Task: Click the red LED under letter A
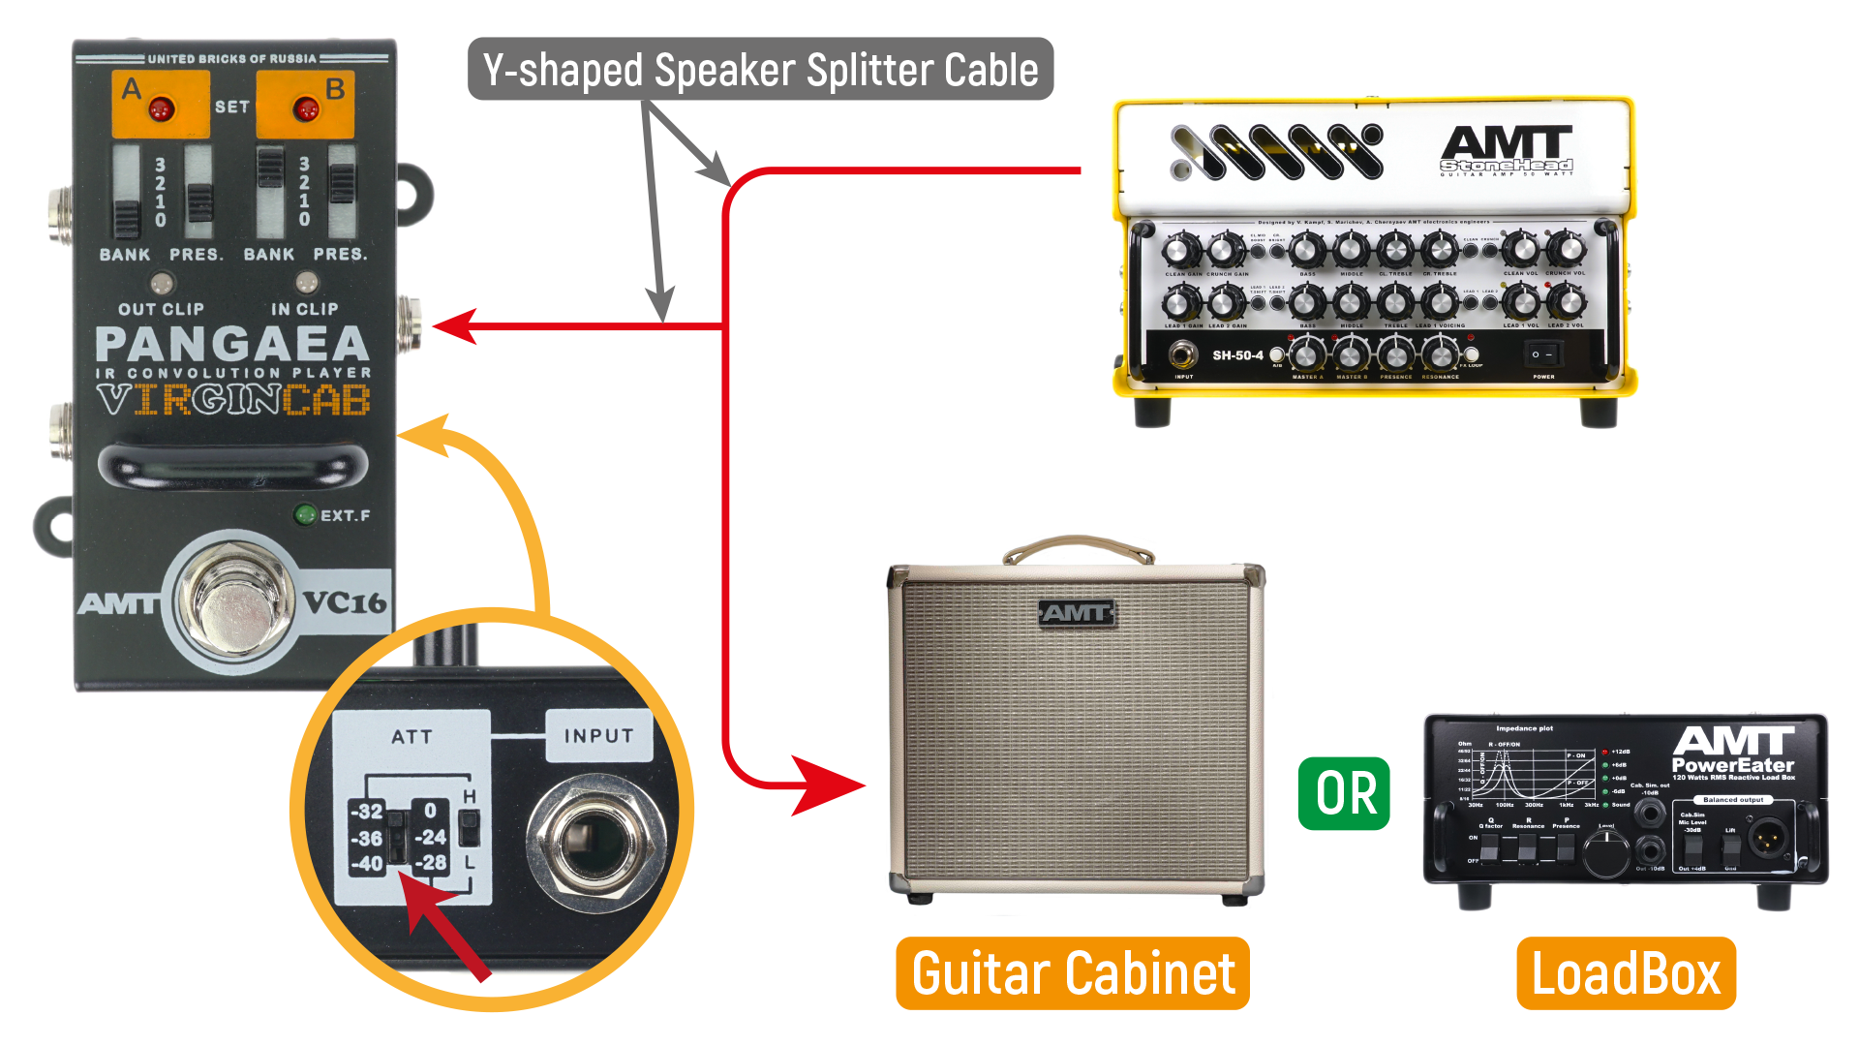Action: click(x=161, y=108)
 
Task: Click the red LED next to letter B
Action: click(x=306, y=108)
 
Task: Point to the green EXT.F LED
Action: click(x=305, y=514)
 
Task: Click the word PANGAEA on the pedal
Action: click(x=232, y=344)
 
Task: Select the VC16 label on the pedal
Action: click(x=345, y=602)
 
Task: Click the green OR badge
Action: click(x=1344, y=794)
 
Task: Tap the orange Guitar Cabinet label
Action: click(x=1073, y=973)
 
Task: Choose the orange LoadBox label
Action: click(x=1626, y=973)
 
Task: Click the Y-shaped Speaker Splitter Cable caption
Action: click(x=760, y=70)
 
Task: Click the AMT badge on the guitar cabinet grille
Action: click(x=1076, y=613)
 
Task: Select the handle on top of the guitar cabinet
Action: click(x=1078, y=548)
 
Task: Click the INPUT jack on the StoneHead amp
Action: click(x=1182, y=355)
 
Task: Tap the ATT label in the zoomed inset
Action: click(x=411, y=737)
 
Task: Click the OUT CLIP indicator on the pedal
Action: click(x=161, y=284)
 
